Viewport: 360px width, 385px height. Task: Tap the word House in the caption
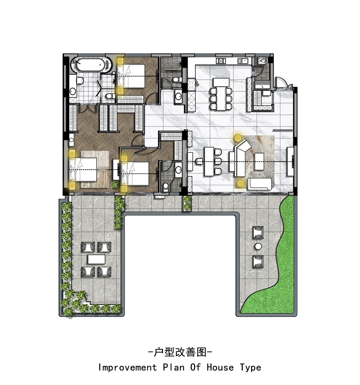point(220,367)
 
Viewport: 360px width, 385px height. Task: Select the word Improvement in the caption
point(127,367)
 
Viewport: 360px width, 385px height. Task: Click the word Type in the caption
point(251,368)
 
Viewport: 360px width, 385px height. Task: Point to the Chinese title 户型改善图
point(180,352)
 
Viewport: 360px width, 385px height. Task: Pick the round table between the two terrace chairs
point(258,246)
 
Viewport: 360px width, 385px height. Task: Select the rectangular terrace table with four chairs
point(96,260)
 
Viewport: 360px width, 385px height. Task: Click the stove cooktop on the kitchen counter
point(221,60)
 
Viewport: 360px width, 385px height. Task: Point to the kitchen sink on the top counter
point(243,60)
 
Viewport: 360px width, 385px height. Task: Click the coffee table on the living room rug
point(259,161)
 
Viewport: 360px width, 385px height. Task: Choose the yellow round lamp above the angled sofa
point(237,138)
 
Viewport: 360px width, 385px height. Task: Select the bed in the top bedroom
point(131,76)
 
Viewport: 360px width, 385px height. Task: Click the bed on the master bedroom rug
point(83,169)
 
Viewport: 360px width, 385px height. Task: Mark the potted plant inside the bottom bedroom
point(115,185)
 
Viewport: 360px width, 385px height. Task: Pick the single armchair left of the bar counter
point(198,161)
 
